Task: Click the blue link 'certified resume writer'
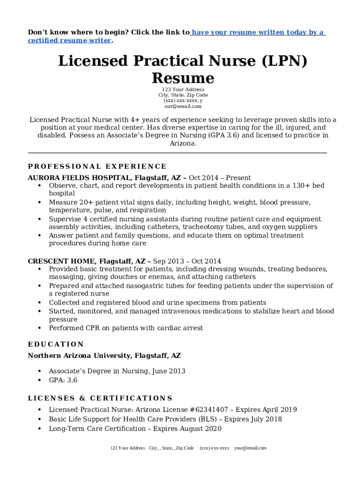(x=69, y=41)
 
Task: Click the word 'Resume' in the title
(x=183, y=78)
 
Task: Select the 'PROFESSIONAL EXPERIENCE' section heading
(x=97, y=167)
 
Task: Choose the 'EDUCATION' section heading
(x=56, y=344)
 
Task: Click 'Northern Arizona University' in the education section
(x=79, y=356)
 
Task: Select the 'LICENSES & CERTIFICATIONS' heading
(x=100, y=399)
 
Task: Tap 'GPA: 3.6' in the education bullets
(x=63, y=380)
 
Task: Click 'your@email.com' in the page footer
(x=250, y=448)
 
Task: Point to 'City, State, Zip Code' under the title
(x=183, y=95)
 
